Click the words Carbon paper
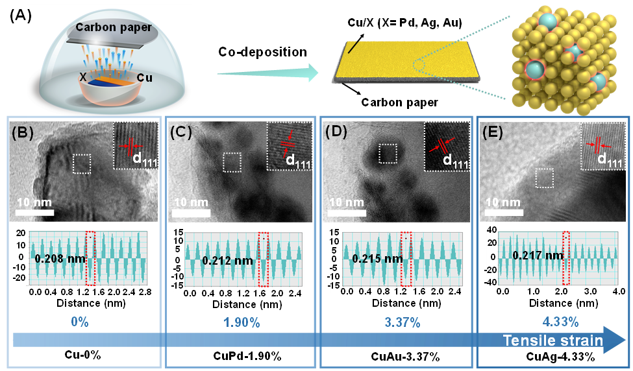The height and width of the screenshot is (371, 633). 114,27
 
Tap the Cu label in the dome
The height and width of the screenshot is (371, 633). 144,78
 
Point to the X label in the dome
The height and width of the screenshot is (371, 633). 83,77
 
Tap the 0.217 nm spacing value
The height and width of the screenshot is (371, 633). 538,256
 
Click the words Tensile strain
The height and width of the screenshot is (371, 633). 553,341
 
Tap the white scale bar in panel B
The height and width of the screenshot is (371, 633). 34,213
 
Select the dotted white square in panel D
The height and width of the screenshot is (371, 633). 388,154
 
